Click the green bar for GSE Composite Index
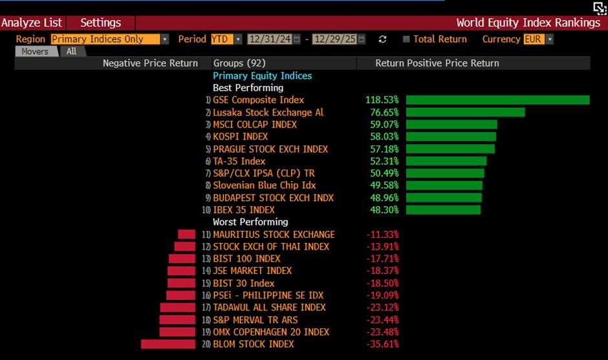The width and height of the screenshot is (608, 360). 497,100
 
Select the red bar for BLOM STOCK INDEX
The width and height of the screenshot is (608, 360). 168,344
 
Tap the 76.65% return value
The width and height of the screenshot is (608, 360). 382,112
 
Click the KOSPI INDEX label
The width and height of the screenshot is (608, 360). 240,136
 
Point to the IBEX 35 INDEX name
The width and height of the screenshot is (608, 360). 243,210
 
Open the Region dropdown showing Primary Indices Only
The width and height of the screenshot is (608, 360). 109,39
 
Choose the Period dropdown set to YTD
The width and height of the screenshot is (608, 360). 226,39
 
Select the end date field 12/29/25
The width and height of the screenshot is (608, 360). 334,39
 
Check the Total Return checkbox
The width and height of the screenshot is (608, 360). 406,39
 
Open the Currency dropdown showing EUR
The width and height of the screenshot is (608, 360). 539,39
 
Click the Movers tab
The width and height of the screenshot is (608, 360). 35,52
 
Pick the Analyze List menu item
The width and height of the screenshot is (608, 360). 32,23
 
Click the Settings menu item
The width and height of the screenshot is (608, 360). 100,23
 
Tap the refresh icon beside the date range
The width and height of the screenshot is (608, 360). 382,39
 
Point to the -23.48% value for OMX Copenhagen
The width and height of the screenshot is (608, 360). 382,332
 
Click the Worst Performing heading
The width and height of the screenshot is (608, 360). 250,222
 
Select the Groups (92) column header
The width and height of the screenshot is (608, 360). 237,63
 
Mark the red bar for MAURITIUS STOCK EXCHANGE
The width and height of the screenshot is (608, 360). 186,234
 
